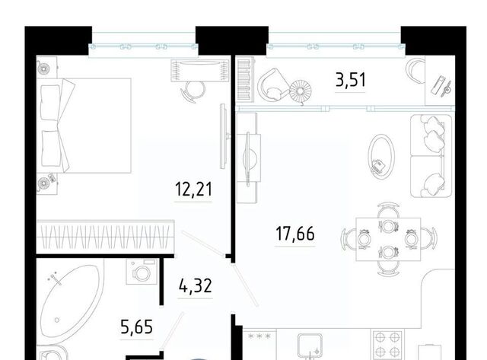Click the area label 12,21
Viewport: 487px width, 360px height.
(x=193, y=190)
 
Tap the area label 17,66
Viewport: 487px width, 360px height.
(x=294, y=234)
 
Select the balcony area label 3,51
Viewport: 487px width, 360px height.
(x=351, y=79)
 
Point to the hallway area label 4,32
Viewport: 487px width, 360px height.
(x=195, y=285)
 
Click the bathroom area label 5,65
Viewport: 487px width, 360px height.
(x=136, y=327)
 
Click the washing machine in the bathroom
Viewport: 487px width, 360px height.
(x=142, y=272)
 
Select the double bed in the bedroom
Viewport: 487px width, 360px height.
(x=84, y=126)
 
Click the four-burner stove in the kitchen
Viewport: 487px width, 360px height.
(x=387, y=345)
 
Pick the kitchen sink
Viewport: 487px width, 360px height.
(x=310, y=346)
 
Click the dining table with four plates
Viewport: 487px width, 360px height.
(x=388, y=239)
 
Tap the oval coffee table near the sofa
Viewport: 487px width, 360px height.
(x=381, y=156)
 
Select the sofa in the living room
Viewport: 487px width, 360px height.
(x=431, y=156)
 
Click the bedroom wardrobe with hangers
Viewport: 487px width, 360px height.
(x=105, y=237)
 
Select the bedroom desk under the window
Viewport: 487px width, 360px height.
(x=200, y=70)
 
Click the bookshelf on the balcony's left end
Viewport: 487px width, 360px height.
(x=245, y=79)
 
